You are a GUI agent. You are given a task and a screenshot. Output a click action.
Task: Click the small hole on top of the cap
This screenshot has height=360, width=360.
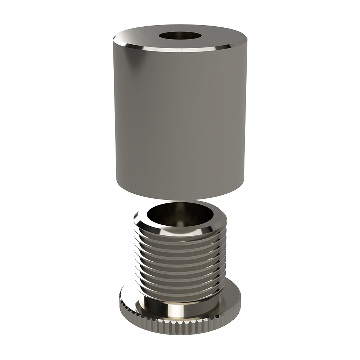pyautogui.click(x=180, y=36)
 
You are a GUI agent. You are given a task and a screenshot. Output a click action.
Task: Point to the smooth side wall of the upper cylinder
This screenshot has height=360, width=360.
pyautogui.click(x=180, y=119)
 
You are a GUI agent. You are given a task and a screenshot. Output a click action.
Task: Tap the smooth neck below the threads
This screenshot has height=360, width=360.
pyautogui.click(x=151, y=306)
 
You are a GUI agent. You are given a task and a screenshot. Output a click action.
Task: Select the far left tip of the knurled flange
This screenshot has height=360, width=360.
pyautogui.click(x=118, y=302)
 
